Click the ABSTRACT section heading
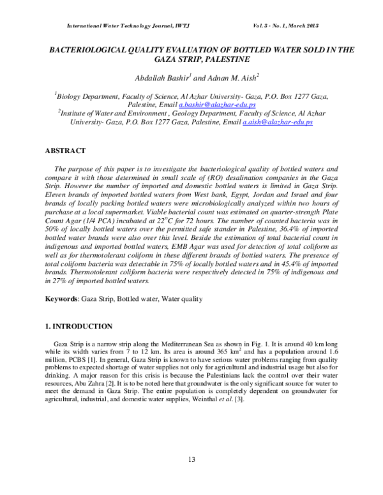click(64, 151)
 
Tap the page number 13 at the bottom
click(191, 460)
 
